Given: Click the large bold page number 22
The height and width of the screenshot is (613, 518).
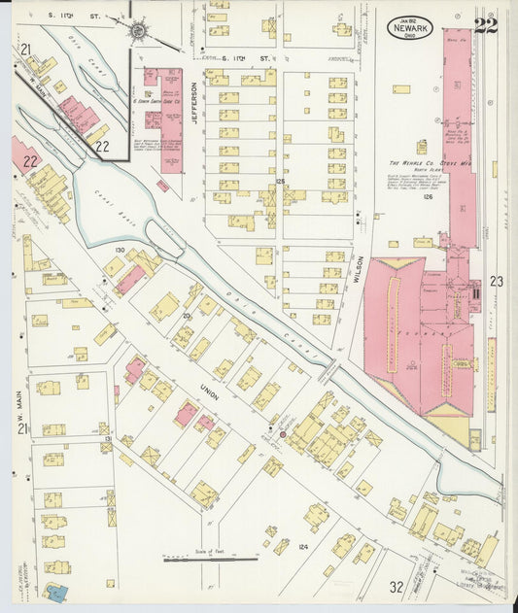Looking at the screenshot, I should (x=485, y=26).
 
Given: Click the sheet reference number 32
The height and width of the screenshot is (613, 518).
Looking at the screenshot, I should (x=396, y=587).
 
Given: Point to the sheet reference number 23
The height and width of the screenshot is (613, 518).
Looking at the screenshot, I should (x=497, y=281).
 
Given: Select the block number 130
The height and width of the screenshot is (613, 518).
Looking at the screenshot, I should (x=120, y=251).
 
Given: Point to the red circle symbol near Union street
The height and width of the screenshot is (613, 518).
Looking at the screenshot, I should (x=283, y=434).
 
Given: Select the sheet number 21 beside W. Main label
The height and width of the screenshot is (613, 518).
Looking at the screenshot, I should (x=21, y=428).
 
